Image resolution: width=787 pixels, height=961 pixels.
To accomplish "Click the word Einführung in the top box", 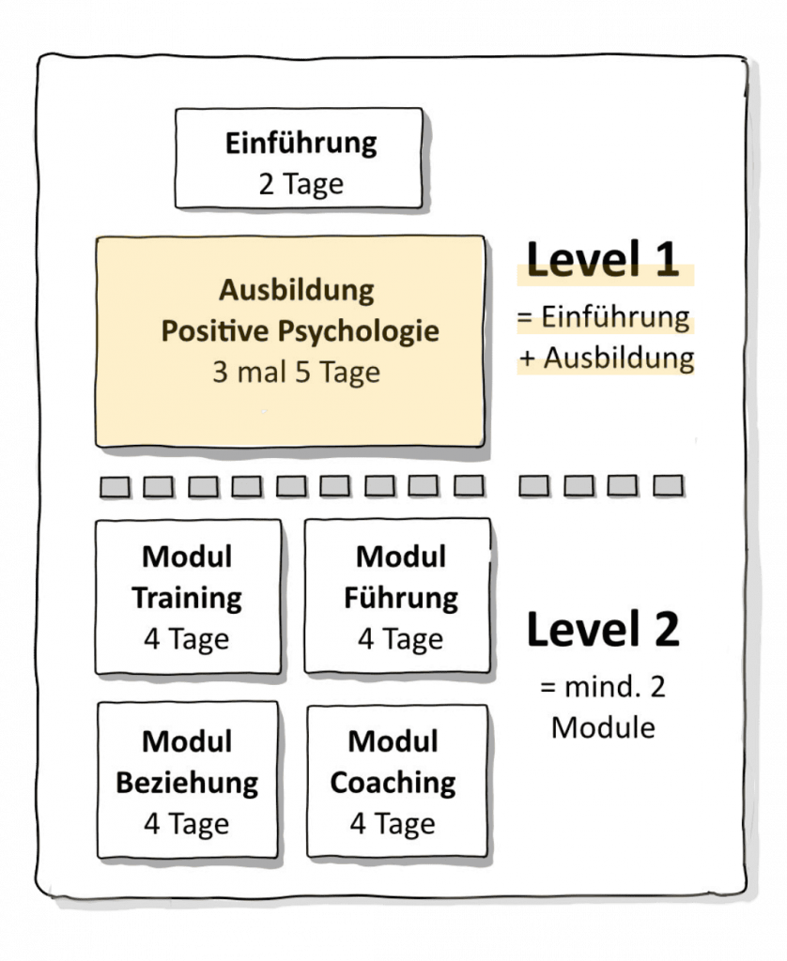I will (301, 144).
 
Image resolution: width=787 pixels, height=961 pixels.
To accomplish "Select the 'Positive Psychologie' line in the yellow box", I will (300, 331).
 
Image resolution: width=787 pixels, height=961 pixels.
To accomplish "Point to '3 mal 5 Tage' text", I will (296, 372).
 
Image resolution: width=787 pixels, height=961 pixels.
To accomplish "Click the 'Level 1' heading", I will (603, 260).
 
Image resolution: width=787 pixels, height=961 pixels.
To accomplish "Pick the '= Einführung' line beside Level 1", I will (603, 317).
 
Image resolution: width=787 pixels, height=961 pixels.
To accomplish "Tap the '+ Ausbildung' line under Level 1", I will (606, 358).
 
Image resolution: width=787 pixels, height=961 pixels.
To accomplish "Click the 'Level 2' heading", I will (603, 630).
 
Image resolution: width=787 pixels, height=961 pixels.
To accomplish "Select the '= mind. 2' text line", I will (603, 688).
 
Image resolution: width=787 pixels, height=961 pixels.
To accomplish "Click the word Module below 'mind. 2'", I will (603, 727).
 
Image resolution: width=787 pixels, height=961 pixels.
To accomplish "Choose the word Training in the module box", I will (187, 598).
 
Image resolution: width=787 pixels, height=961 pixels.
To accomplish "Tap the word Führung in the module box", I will (400, 598).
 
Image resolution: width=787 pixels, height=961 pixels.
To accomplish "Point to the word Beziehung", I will (187, 782).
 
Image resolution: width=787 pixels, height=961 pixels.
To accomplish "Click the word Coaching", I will (393, 782).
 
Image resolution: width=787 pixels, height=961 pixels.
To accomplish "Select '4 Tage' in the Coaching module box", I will (393, 823).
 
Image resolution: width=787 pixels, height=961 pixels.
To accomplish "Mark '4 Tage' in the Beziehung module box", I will (187, 823).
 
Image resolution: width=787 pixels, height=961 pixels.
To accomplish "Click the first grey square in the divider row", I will (114, 485).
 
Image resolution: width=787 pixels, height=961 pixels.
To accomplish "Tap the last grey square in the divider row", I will (668, 485).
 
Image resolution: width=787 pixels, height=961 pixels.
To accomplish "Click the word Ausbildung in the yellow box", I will (296, 290).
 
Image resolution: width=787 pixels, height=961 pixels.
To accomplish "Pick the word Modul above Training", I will (187, 557).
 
